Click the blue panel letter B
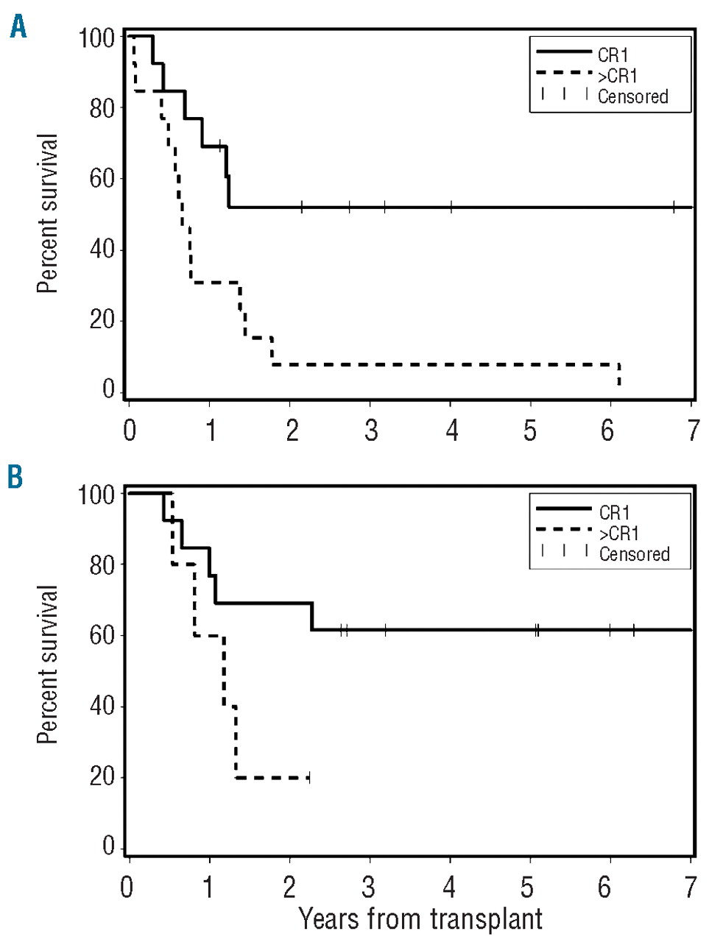(x=15, y=477)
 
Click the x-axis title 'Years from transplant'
(x=420, y=919)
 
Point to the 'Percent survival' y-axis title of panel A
(x=47, y=213)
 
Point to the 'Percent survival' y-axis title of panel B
(x=47, y=665)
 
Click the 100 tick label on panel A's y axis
(x=96, y=38)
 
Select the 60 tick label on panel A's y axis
(x=102, y=179)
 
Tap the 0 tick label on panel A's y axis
(x=109, y=389)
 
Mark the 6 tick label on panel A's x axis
(x=607, y=431)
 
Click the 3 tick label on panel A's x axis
(x=371, y=431)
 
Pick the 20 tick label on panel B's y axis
(x=102, y=776)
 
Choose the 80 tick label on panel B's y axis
(x=102, y=564)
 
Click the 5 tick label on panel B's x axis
(x=527, y=888)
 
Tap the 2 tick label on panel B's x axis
(x=290, y=888)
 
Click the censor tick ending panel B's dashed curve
(x=309, y=777)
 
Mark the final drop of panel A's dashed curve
(x=619, y=375)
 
